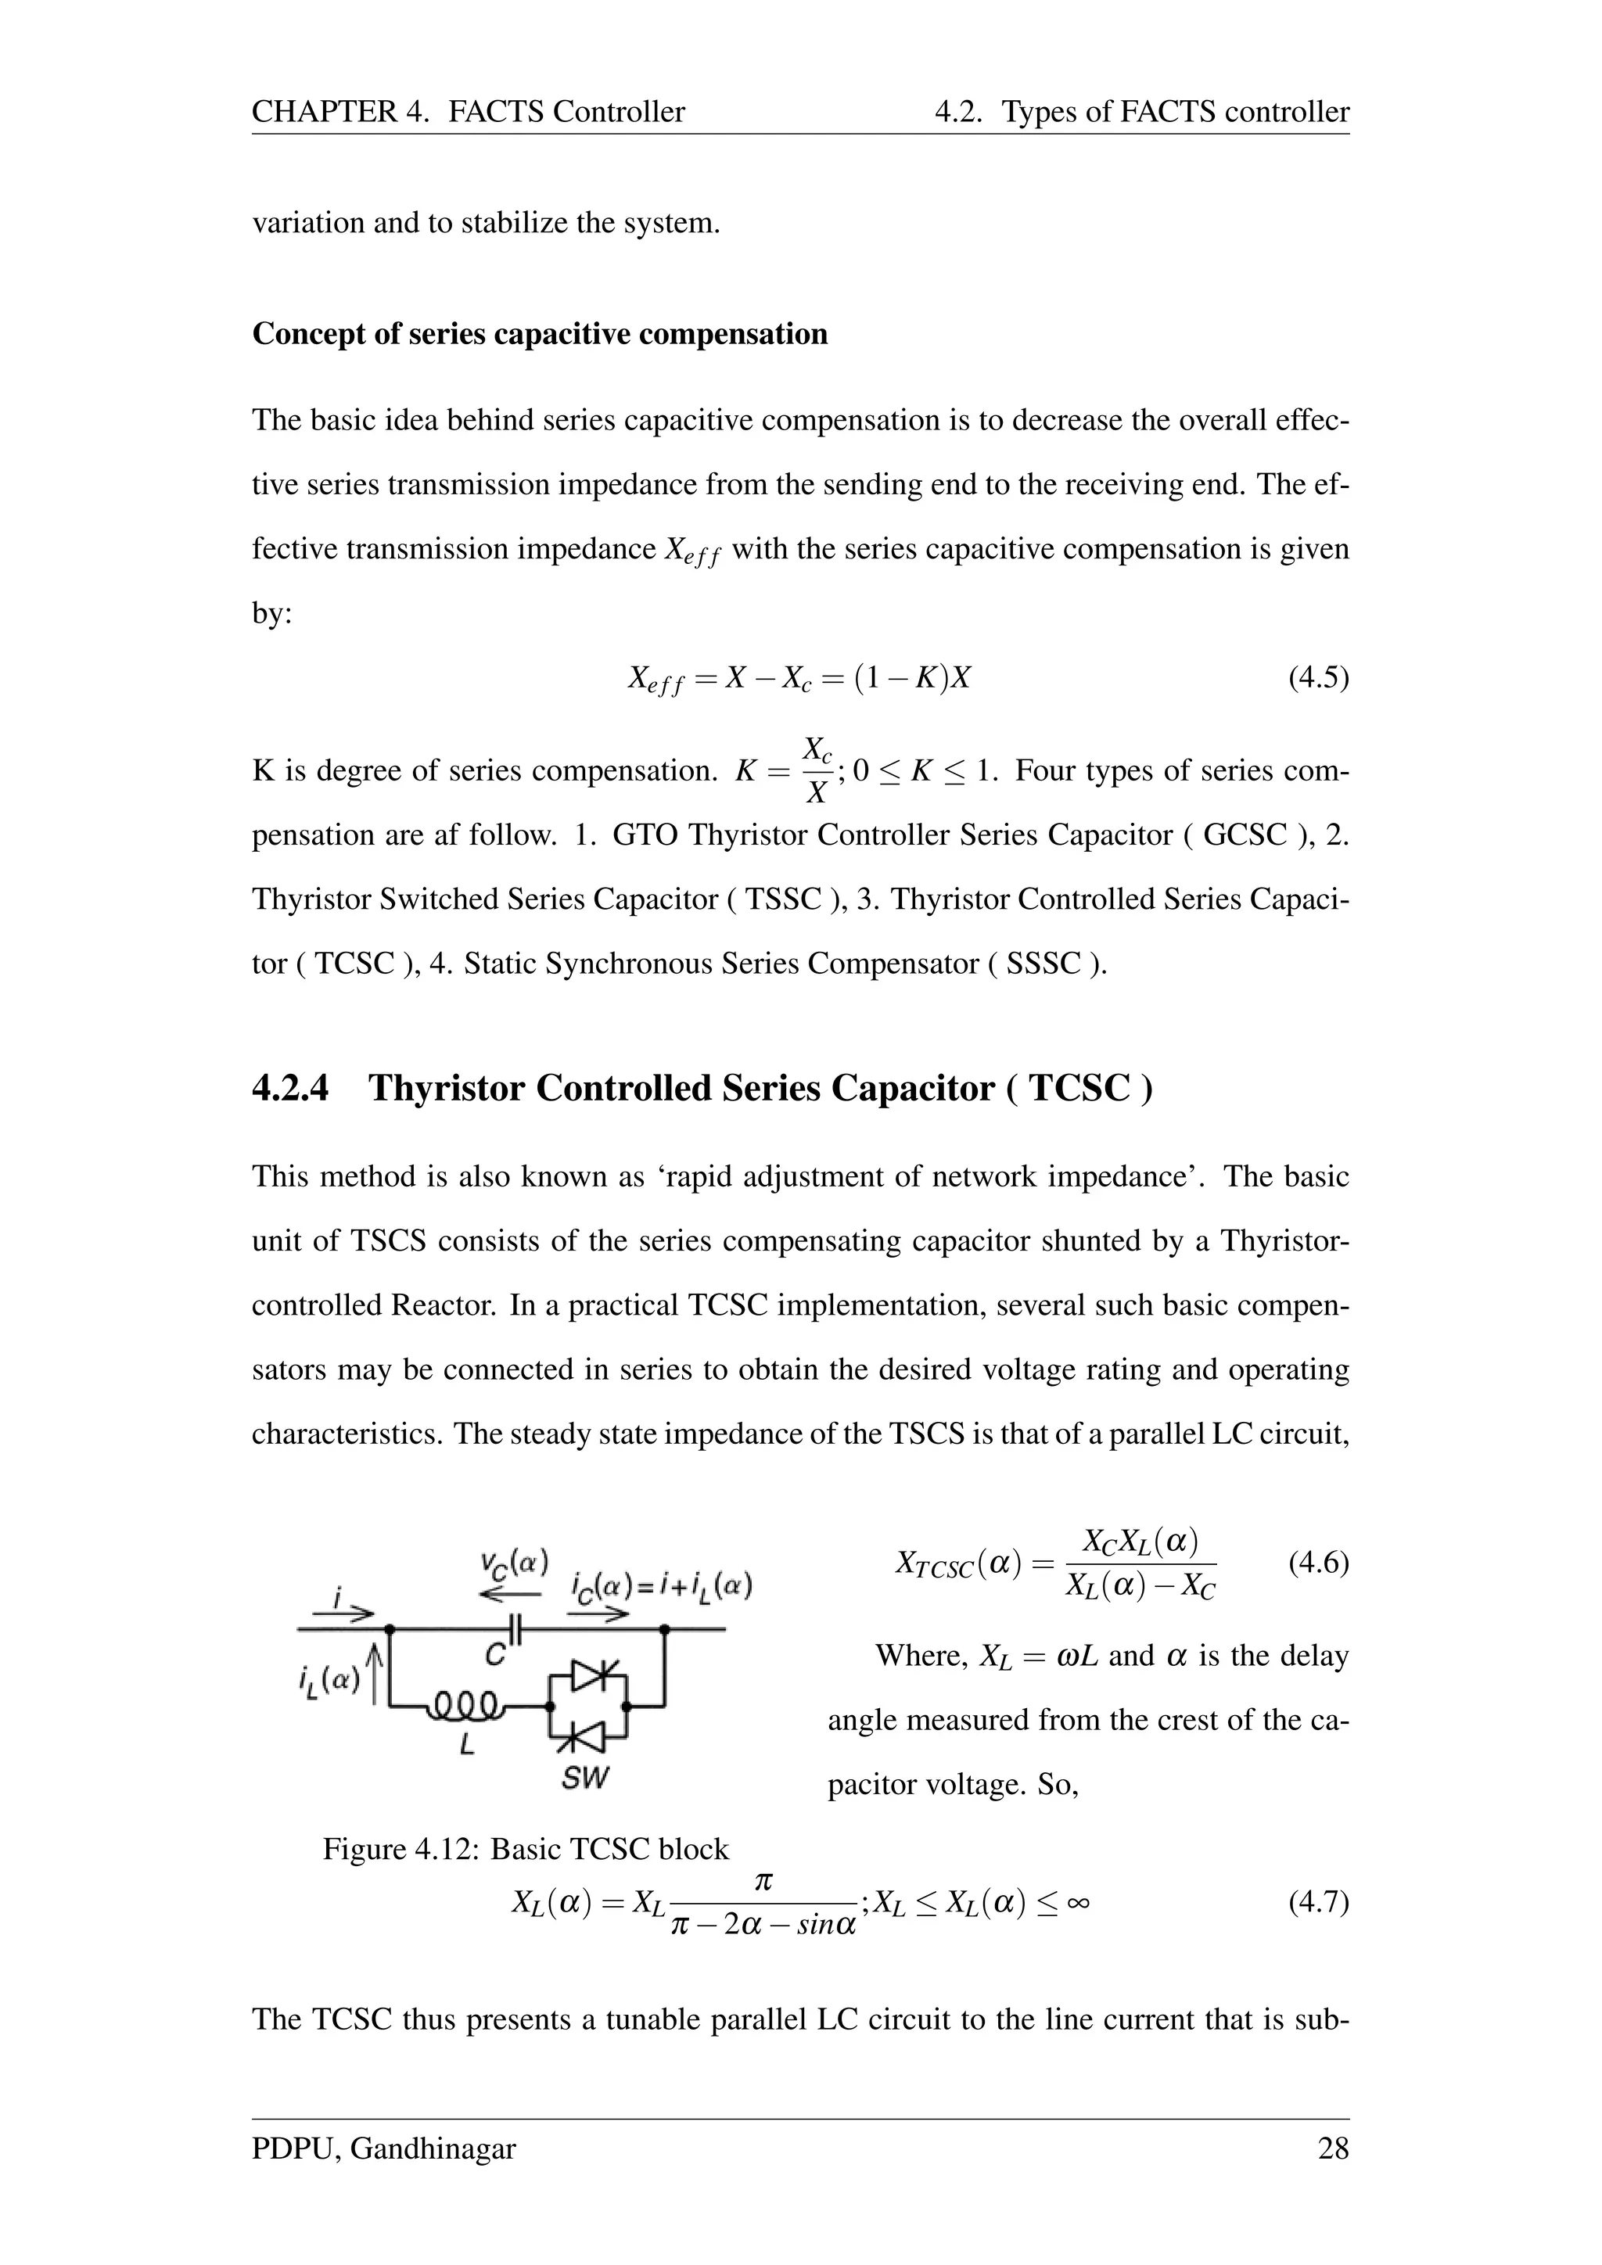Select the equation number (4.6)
(1318, 1563)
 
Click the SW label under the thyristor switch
(585, 1778)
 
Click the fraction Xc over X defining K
(816, 770)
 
